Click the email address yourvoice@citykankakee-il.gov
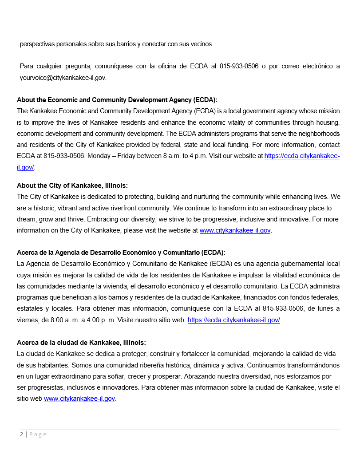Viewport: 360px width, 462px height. pyautogui.click(x=63, y=78)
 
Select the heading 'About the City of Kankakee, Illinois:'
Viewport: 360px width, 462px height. pyautogui.click(x=72, y=186)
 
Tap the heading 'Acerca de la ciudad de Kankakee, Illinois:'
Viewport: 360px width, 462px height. pyautogui.click(x=81, y=343)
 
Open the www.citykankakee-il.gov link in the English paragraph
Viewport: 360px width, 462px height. pyautogui.click(x=235, y=230)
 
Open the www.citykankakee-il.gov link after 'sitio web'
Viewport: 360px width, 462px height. pyautogui.click(x=79, y=399)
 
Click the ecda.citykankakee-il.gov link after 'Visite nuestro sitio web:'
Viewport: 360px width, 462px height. pyautogui.click(x=233, y=320)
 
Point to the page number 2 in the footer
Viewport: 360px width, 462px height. pyautogui.click(x=21, y=434)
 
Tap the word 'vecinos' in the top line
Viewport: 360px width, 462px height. pyautogui.click(x=201, y=44)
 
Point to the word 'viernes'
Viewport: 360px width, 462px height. pyautogui.click(x=27, y=320)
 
